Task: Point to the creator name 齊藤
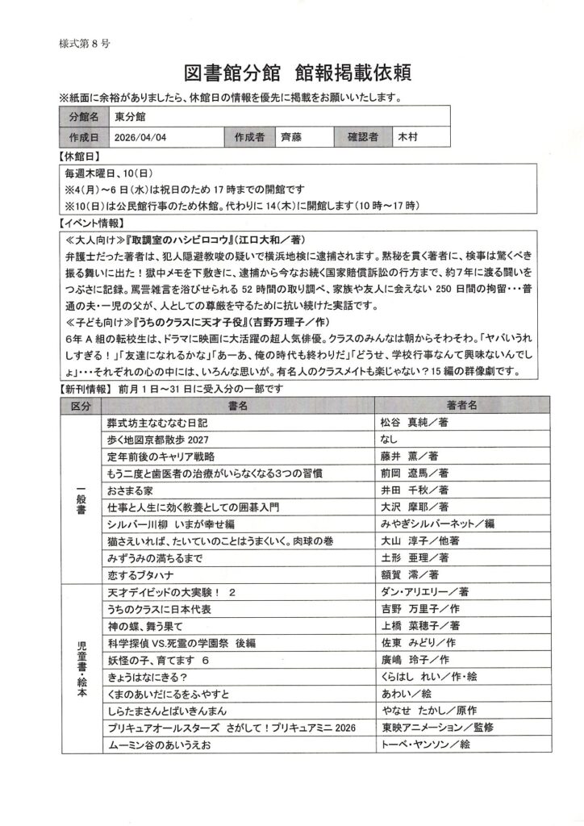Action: [292, 137]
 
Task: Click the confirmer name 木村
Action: [409, 137]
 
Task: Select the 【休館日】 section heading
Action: [80, 156]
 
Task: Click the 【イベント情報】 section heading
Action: [91, 223]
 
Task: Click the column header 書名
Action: [238, 404]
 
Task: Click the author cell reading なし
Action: [388, 439]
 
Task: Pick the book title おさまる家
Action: [128, 490]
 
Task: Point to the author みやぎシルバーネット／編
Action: [436, 524]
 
